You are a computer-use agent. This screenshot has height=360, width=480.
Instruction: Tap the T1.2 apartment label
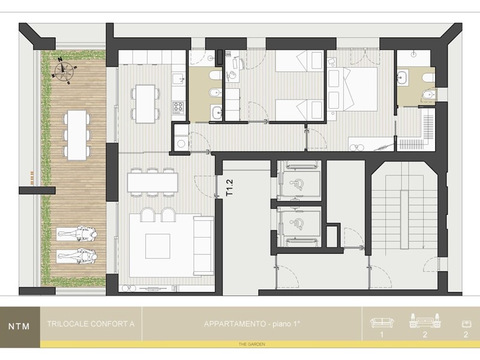229,188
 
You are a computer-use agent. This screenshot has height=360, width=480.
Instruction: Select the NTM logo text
19,326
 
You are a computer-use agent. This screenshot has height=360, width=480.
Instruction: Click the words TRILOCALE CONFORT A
91,323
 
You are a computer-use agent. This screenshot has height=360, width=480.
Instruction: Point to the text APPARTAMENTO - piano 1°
252,323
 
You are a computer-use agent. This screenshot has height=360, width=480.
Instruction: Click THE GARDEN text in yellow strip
252,344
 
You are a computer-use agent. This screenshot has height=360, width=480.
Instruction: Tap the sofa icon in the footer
382,322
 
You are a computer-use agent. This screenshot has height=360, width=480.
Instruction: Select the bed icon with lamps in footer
425,320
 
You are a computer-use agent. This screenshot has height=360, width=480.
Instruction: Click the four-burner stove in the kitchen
178,107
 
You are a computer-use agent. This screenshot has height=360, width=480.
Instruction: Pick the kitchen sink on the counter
178,79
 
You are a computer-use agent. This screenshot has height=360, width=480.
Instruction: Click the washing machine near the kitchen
181,143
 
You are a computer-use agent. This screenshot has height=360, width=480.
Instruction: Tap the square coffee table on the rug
158,246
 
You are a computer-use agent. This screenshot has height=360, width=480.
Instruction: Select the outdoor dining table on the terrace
77,135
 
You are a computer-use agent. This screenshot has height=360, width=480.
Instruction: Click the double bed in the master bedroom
352,89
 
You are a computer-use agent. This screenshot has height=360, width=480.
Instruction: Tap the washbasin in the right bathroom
402,77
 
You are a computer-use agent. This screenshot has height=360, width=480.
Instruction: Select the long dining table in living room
152,182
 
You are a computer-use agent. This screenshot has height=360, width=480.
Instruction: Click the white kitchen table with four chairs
145,104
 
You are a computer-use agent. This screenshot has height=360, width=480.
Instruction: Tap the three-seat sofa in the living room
203,246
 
